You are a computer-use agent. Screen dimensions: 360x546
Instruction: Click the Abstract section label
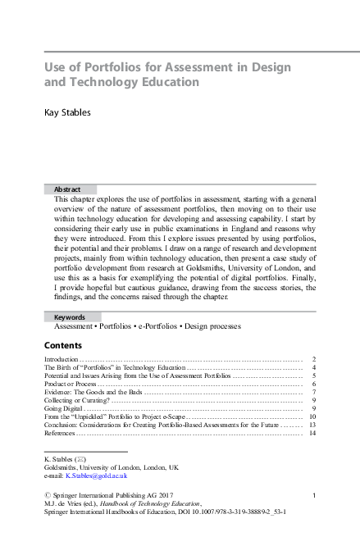(67, 189)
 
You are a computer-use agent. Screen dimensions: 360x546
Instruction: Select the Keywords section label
(70, 316)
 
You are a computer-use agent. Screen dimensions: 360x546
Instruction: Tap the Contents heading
(62, 345)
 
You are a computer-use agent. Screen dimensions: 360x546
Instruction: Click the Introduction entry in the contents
(61, 360)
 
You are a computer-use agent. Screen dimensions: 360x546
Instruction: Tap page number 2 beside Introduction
(314, 360)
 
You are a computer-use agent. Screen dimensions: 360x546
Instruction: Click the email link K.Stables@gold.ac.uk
(97, 475)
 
